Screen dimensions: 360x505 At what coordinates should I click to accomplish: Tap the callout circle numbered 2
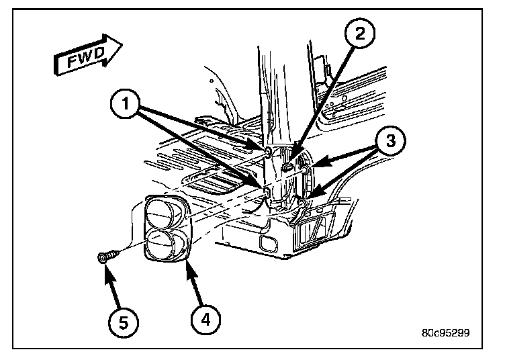point(360,34)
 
